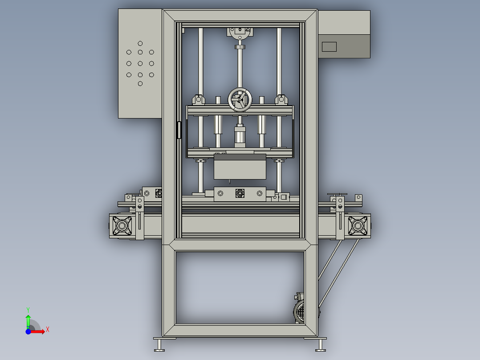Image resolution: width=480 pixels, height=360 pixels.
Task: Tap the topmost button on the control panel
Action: pos(140,44)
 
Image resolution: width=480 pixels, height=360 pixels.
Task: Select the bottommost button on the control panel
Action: pos(140,84)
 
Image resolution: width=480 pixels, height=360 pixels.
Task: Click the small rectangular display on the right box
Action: pos(329,47)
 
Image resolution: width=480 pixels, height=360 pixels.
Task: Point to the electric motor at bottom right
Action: pos(300,310)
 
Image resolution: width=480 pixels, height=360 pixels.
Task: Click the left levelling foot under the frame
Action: pos(159,345)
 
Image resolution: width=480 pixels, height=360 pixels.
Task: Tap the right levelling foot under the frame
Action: pos(321,345)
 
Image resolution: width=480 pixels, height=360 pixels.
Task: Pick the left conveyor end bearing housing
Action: pos(122,226)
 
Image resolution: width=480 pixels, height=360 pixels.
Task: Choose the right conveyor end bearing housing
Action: pos(358,226)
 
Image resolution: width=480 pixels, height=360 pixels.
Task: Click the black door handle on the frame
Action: pos(179,130)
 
